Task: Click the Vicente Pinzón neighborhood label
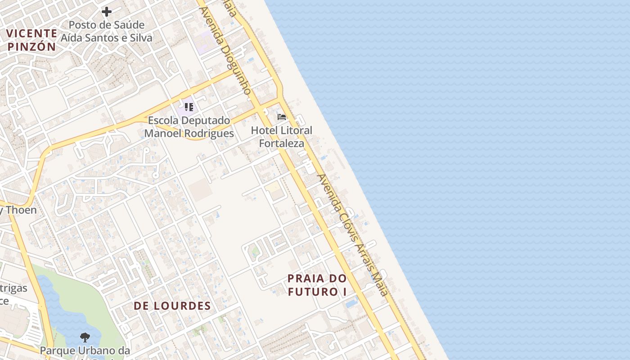pyautogui.click(x=31, y=40)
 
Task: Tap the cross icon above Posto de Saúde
pyautogui.click(x=107, y=12)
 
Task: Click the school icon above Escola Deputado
pyautogui.click(x=189, y=107)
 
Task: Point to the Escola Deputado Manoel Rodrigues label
pyautogui.click(x=189, y=127)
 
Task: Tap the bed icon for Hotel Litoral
pyautogui.click(x=282, y=117)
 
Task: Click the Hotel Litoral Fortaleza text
pyautogui.click(x=282, y=137)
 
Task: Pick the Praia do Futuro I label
pyautogui.click(x=317, y=285)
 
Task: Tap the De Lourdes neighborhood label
pyautogui.click(x=172, y=306)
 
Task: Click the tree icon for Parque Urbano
pyautogui.click(x=85, y=337)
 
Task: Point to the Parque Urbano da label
pyautogui.click(x=85, y=350)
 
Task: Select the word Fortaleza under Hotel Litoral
pyautogui.click(x=282, y=144)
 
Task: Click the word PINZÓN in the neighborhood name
pyautogui.click(x=31, y=47)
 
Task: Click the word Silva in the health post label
pyautogui.click(x=138, y=38)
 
